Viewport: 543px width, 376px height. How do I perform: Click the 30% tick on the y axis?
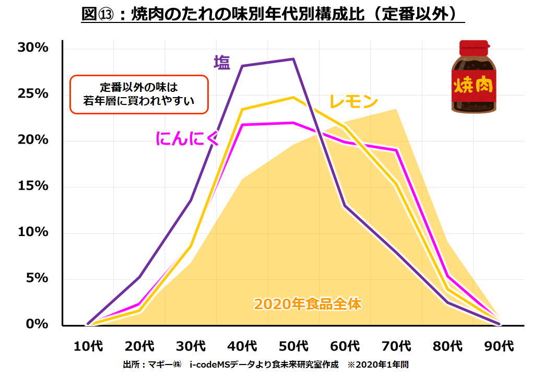coord(33,48)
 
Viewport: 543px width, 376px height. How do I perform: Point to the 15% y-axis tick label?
coord(33,186)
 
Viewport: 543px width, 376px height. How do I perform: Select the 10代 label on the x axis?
coord(88,346)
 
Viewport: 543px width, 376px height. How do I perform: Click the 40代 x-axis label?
coord(243,346)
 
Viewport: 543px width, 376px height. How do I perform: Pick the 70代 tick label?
coord(397,346)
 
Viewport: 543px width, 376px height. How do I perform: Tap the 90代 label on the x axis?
coord(500,346)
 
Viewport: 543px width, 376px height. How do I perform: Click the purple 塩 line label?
coord(221,62)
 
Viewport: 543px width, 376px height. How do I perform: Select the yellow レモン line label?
coord(353,102)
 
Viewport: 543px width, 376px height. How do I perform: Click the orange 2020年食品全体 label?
coord(308,304)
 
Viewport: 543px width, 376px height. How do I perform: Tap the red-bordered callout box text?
coord(139,94)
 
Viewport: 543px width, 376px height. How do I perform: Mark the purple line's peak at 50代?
coord(294,59)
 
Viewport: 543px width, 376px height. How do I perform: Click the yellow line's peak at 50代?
coord(294,97)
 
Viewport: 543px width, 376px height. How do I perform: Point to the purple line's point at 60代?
coord(345,206)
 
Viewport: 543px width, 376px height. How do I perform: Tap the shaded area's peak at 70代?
coord(397,109)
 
